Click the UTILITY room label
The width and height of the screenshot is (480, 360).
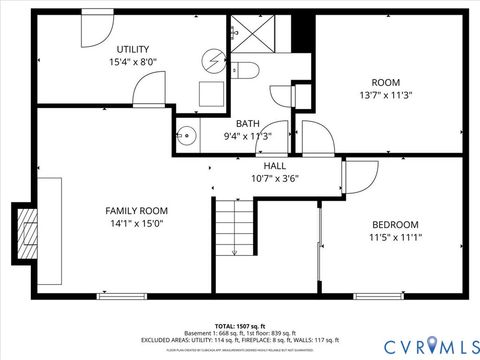pos(133,49)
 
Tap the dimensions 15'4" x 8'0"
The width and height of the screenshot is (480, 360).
pos(133,62)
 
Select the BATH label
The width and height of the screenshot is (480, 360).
pos(247,123)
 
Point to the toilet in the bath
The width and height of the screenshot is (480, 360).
pos(246,69)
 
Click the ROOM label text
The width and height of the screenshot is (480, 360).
pos(385,82)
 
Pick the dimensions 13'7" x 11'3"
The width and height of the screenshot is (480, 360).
pos(385,96)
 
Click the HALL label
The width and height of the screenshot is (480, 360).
pos(274,166)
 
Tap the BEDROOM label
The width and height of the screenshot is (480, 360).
pos(395,224)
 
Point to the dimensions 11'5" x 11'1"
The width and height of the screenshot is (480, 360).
pos(395,238)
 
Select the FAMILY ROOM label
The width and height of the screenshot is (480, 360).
pos(137,211)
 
